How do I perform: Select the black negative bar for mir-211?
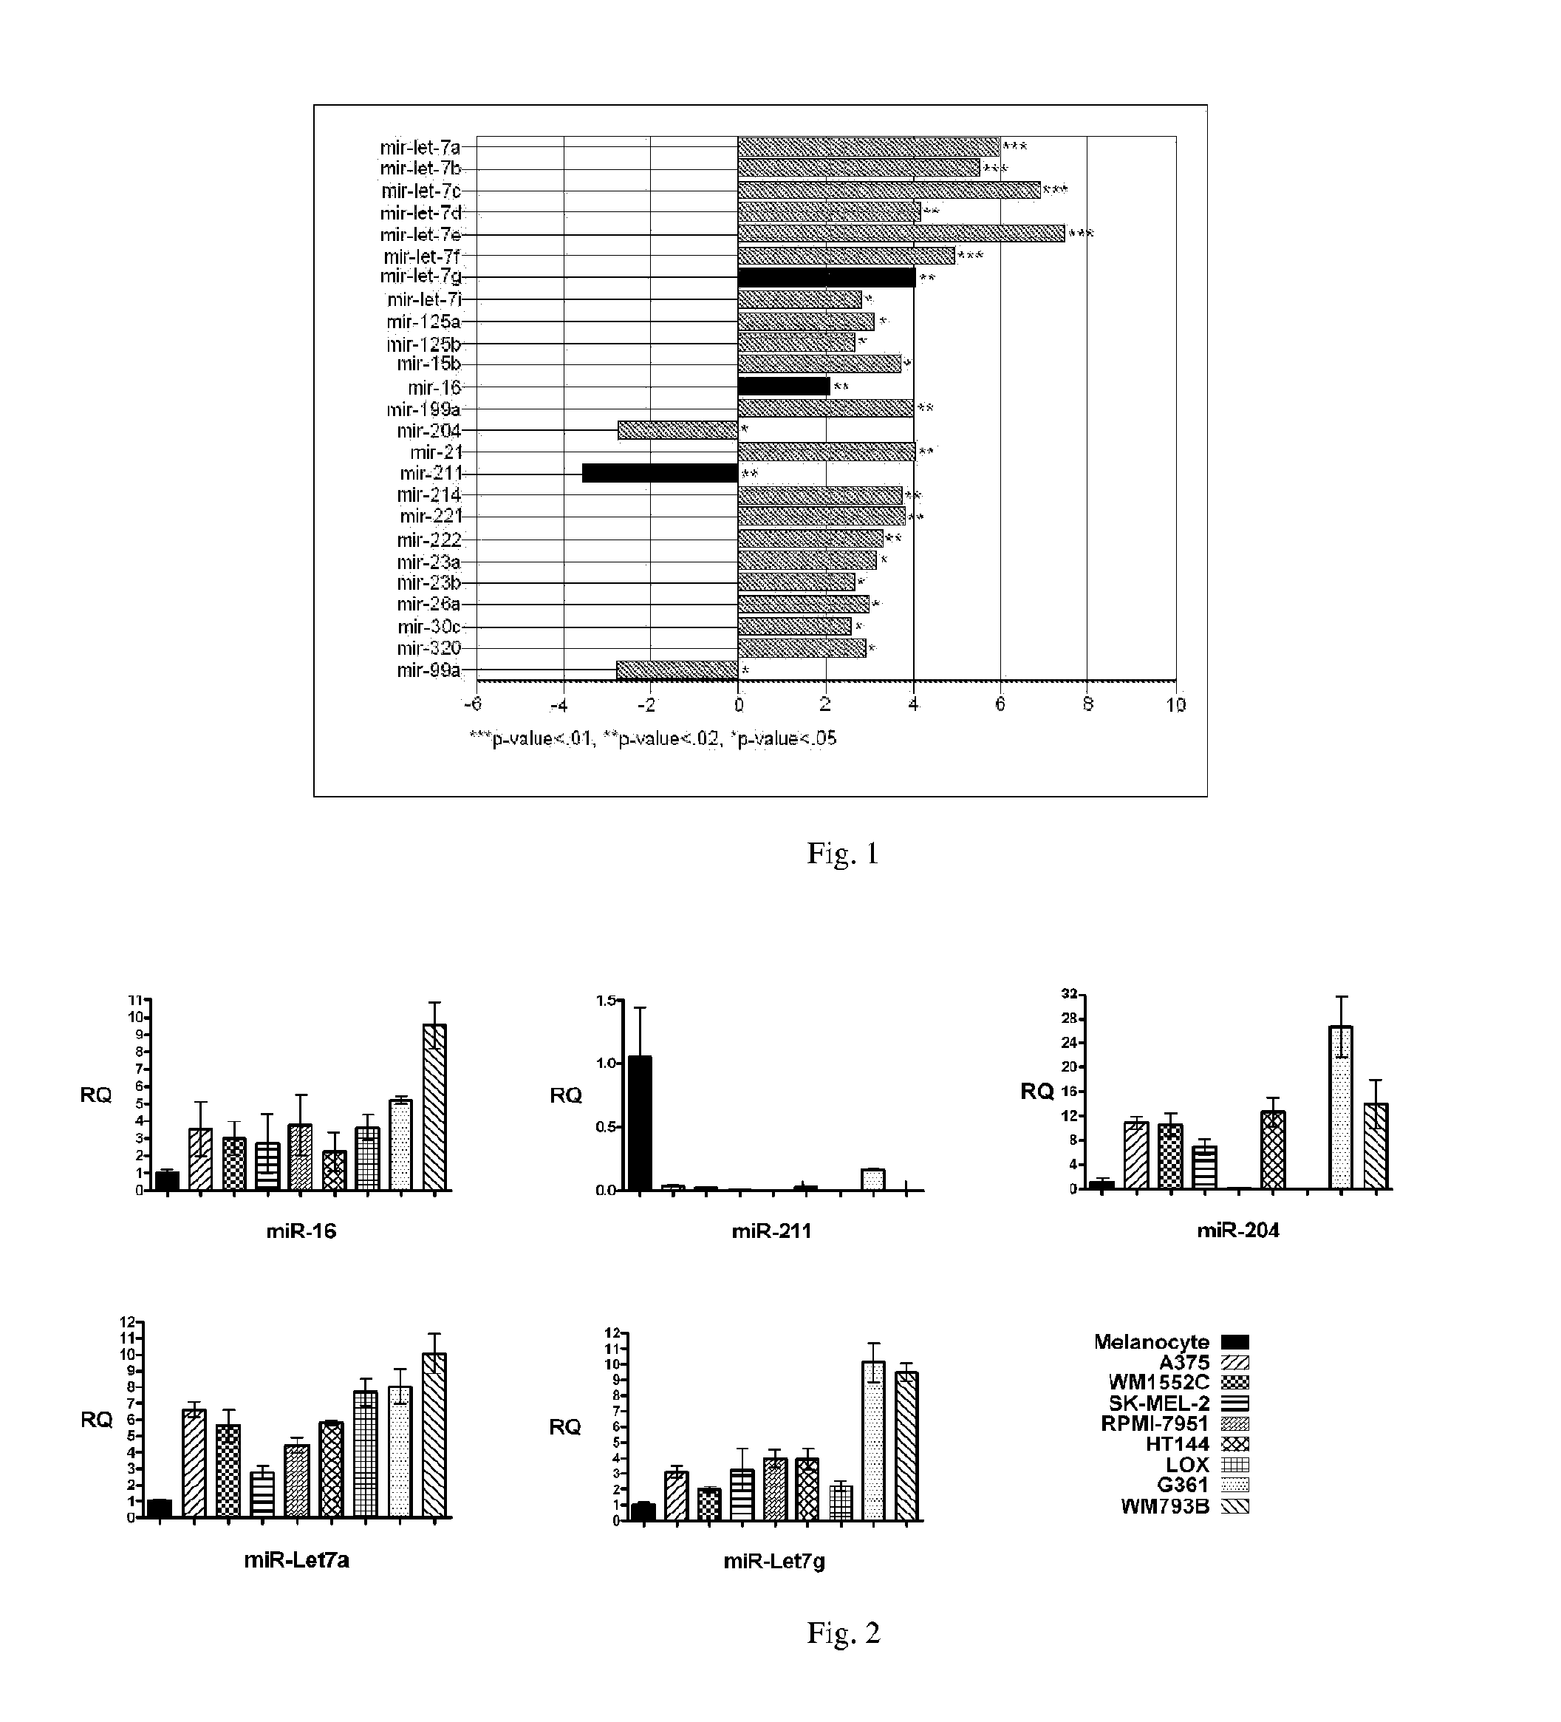point(659,473)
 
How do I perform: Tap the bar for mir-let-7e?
point(901,234)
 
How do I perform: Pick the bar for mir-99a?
point(676,670)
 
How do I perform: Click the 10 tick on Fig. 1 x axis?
point(1176,704)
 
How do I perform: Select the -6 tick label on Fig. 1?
point(471,704)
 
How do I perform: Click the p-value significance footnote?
point(653,739)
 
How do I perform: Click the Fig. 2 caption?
point(842,1633)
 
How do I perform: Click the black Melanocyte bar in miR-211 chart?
point(640,1123)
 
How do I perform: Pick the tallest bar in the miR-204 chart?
point(1341,1107)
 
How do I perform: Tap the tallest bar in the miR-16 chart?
point(434,1107)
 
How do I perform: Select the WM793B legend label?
point(1165,1506)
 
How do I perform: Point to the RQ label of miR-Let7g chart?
point(565,1426)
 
